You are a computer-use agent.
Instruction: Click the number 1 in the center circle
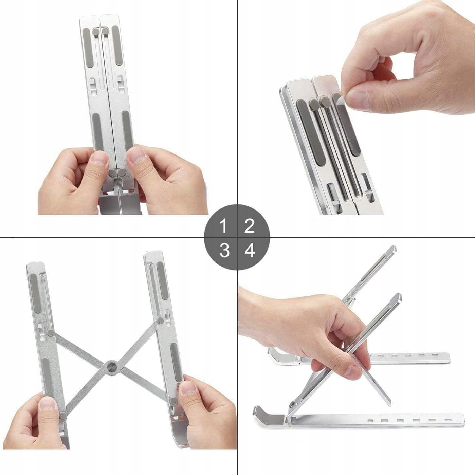(223, 226)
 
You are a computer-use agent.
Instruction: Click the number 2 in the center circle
(249, 226)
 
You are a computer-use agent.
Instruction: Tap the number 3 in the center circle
(224, 251)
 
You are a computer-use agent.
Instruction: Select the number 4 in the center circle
(250, 251)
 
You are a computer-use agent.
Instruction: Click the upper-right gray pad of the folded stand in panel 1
(117, 45)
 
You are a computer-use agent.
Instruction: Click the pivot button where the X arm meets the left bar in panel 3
(51, 333)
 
